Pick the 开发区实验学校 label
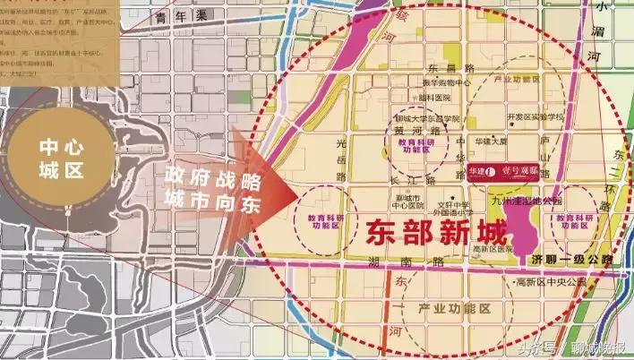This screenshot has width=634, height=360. [535, 116]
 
